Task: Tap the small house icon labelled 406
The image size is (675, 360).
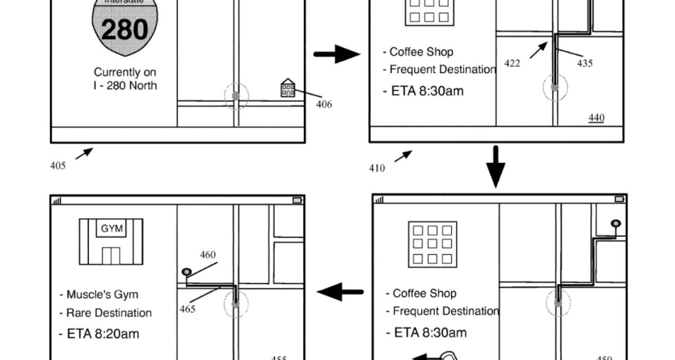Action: point(288,88)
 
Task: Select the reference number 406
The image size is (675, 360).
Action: point(323,104)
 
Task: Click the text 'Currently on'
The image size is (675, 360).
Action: point(125,73)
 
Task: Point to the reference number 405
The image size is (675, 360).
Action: point(57,165)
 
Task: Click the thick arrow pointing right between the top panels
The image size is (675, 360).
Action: point(336,55)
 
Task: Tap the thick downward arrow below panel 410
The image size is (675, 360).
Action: point(496,167)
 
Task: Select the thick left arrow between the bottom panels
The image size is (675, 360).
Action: point(340,292)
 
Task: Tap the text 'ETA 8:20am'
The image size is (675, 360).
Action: point(99,334)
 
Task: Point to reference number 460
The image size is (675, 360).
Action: point(208,255)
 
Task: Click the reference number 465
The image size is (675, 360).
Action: point(187,309)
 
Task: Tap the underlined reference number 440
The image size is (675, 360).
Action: point(596,118)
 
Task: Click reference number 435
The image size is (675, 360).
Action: point(584,64)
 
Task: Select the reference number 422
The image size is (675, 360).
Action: point(512,64)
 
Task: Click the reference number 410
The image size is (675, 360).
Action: point(377,168)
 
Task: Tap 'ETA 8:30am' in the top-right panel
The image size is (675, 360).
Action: point(427,91)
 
